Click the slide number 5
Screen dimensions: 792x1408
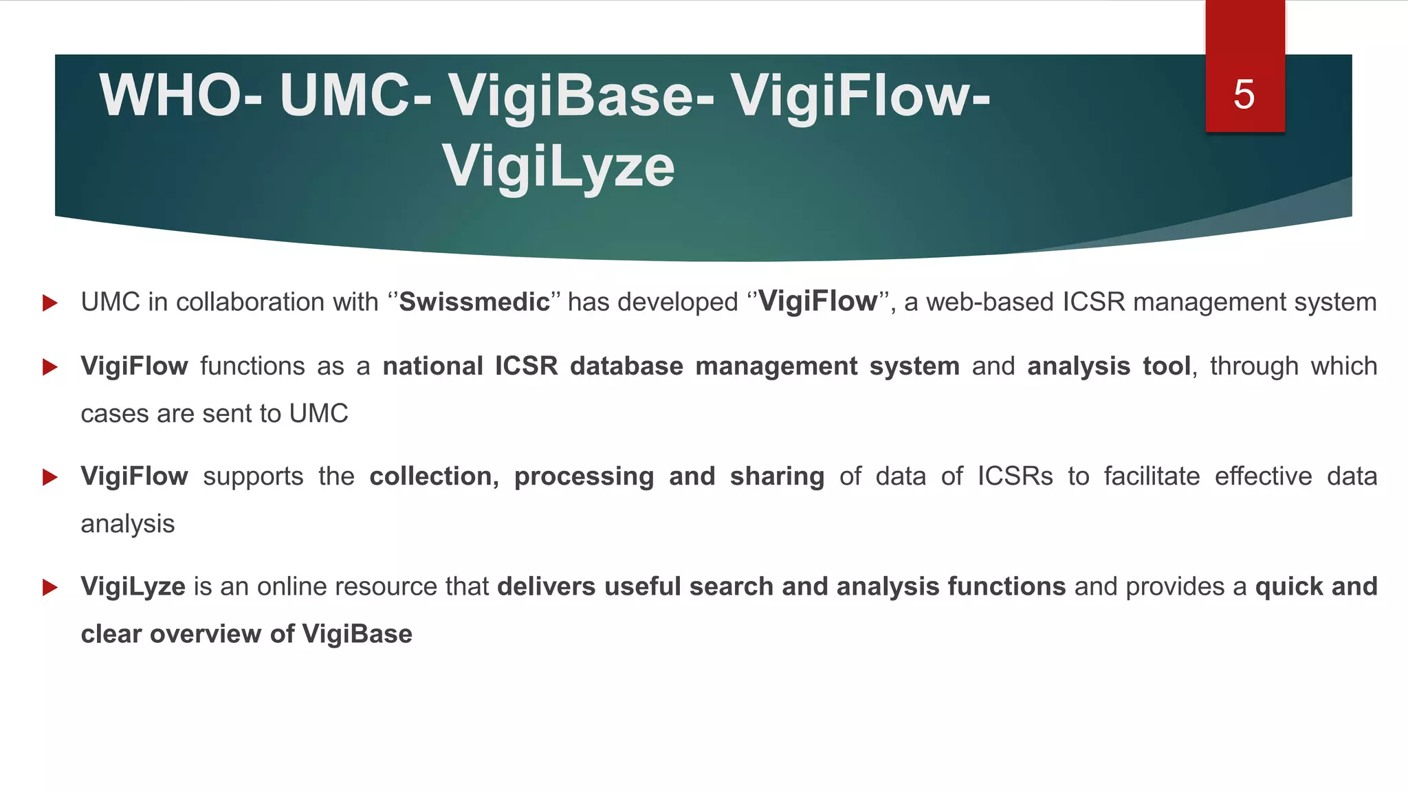point(1244,94)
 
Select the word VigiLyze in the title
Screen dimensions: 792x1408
point(558,166)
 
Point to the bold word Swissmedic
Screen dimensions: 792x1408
point(474,302)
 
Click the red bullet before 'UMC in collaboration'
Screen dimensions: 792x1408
point(49,302)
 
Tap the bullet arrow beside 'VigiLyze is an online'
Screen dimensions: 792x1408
point(49,587)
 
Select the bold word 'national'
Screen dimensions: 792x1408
point(432,366)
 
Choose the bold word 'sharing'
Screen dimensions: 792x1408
point(777,476)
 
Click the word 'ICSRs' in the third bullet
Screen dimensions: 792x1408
point(1015,476)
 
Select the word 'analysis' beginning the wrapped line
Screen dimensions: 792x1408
point(128,525)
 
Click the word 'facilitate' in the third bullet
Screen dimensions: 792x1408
point(1152,476)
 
